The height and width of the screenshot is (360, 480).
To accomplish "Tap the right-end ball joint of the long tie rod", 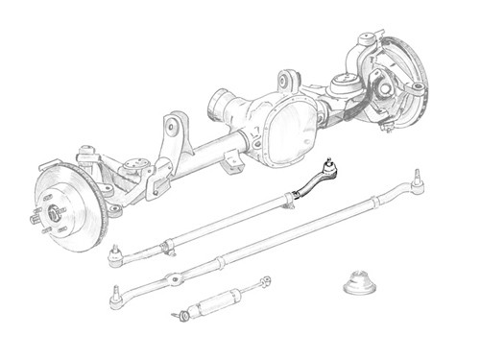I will (x=419, y=177).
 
